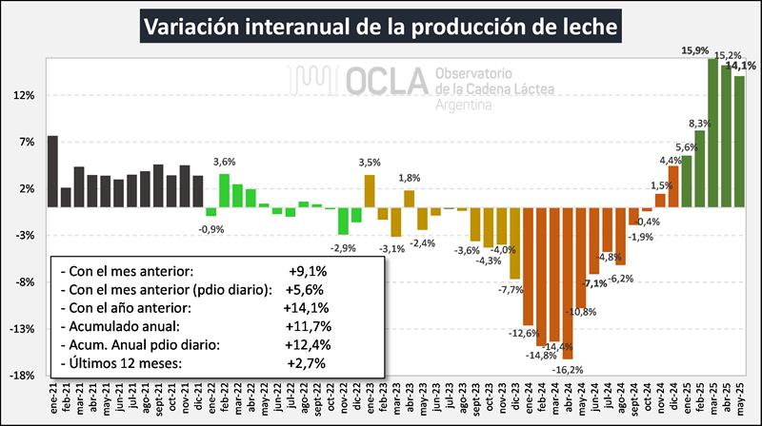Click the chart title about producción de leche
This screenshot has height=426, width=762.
(381, 26)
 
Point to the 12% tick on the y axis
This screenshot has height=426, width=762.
(24, 95)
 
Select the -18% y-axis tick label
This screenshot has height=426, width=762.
(22, 376)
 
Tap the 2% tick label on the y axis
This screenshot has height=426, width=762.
(26, 188)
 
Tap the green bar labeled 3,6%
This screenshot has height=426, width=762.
(224, 189)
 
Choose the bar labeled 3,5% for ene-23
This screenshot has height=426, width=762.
(370, 190)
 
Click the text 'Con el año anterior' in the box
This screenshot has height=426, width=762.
(129, 307)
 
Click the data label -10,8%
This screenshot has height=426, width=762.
(581, 312)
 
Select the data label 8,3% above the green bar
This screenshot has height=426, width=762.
(699, 123)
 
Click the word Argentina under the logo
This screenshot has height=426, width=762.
(463, 104)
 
